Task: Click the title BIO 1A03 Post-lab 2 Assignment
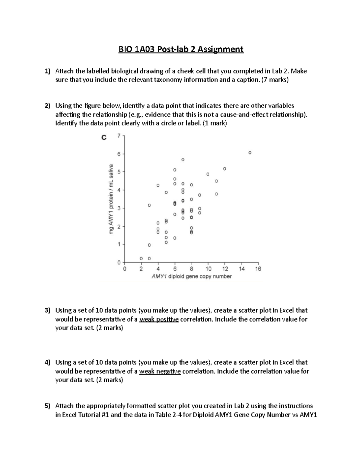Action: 181,49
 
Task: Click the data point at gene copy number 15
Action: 250,153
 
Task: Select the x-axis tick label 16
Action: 258,269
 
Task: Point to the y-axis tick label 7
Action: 119,136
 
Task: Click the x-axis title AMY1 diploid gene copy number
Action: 192,276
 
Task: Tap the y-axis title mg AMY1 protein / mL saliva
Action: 111,199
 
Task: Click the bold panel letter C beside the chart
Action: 103,138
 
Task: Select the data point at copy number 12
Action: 224,169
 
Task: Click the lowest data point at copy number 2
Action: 141,259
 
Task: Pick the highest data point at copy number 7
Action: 183,159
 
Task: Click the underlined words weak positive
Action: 159,319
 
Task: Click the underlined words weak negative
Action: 160,371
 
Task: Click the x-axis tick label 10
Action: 208,269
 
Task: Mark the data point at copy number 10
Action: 208,174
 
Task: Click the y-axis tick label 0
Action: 119,262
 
